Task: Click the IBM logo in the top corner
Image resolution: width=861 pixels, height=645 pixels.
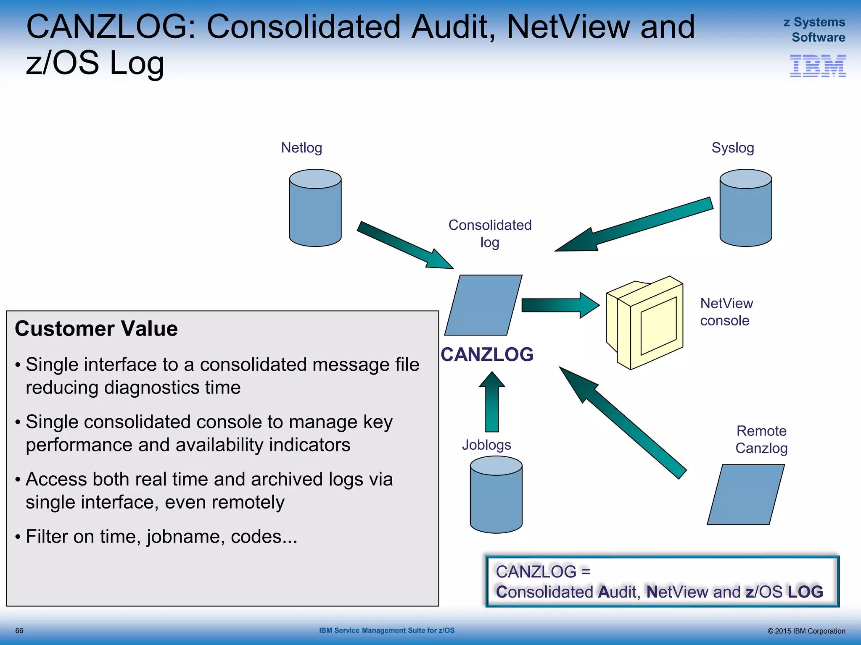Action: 817,66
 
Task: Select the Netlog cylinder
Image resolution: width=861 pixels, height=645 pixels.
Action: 315,208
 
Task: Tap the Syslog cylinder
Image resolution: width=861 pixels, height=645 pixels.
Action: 745,208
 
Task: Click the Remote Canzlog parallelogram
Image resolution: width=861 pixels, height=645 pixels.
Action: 745,494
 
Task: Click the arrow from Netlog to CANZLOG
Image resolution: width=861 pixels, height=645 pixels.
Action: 404,244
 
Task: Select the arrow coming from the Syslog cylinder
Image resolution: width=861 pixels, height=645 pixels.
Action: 635,225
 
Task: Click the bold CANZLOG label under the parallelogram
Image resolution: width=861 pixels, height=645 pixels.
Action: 487,355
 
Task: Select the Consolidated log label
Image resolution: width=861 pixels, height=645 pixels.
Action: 490,233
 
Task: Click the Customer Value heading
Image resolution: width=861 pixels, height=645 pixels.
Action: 96,329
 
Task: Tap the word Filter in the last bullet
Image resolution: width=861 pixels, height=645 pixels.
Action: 47,537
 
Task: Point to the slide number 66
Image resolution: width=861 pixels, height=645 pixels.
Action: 19,631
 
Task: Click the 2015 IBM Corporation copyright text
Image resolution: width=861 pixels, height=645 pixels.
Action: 806,631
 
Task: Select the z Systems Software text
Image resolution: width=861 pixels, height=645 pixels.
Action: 814,30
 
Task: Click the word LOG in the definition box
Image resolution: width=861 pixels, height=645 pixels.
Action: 805,592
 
